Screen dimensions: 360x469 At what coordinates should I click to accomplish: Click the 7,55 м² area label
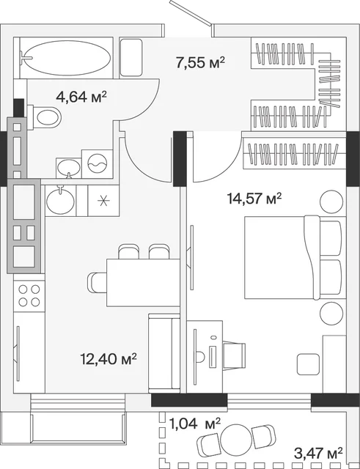pos(200,62)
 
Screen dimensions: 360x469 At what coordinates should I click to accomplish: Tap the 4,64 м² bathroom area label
pos(81,97)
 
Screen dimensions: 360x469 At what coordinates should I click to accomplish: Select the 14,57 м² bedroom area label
pos(254,198)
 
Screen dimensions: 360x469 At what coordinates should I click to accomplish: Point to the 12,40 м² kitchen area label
pos(109,358)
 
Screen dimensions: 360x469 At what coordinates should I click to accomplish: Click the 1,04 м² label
pos(195,424)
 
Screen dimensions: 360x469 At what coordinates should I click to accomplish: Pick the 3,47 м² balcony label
pos(318,453)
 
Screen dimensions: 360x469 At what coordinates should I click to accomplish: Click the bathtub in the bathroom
pos(67,58)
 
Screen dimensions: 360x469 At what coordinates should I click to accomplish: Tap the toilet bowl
pos(44,117)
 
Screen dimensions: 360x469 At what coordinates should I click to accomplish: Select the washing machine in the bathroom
pos(98,164)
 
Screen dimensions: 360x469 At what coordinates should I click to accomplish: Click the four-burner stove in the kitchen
pos(29,295)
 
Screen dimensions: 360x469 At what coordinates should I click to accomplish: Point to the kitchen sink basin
pos(60,200)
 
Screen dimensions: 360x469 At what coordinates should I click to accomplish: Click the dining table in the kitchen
pos(143,283)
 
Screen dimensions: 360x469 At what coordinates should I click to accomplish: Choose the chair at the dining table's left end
pos(97,283)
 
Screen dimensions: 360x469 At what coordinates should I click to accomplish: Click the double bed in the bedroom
pos(293,257)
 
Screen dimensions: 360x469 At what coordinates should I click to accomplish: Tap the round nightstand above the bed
pos(331,202)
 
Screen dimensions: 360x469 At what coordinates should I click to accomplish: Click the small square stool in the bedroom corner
pos(308,364)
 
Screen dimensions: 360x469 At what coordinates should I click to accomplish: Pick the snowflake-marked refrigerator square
pos(103,200)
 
